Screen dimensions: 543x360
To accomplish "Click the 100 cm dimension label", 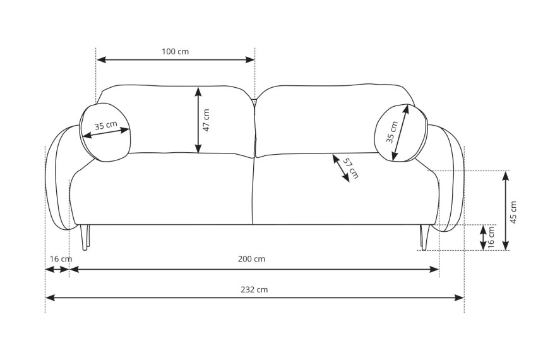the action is (176, 52).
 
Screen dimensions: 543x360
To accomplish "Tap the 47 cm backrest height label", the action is (206, 120).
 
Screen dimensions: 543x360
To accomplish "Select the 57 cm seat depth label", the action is (351, 168).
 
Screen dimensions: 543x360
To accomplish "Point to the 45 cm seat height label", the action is (513, 212).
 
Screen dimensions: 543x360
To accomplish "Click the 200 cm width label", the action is (251, 259).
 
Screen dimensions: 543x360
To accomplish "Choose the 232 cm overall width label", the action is (254, 289).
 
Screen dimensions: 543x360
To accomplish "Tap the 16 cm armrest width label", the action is (61, 259).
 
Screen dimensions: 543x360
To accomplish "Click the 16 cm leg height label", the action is (491, 237).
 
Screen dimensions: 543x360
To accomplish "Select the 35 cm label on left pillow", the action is (106, 125).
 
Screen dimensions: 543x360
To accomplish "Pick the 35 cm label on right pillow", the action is (392, 132).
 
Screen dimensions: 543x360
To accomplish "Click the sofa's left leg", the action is (85, 237).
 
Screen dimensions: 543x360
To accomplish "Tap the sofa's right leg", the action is (425, 237).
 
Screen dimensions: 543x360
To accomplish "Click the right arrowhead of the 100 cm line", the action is (250, 60).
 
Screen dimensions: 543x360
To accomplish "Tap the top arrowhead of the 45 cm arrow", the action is (506, 176).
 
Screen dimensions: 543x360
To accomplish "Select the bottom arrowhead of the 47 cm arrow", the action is (198, 148).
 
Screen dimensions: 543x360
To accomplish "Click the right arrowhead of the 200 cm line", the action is (434, 269).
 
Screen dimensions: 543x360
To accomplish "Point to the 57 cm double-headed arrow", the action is (341, 169).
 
